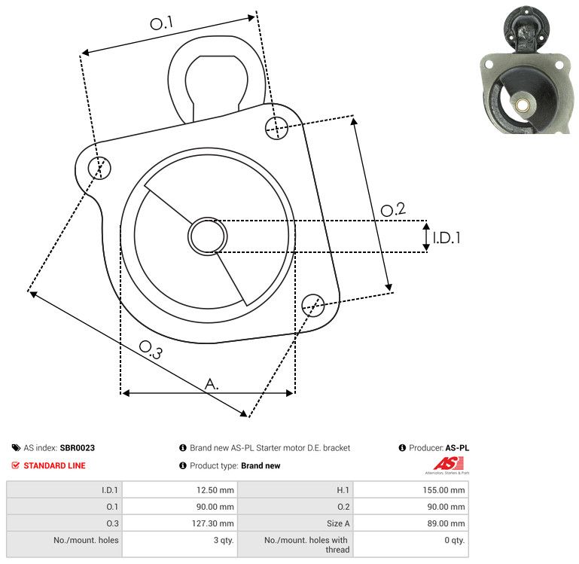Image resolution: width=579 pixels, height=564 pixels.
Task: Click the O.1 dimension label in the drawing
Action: [x=162, y=23]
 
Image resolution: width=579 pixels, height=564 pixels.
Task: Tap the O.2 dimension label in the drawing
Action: [x=393, y=210]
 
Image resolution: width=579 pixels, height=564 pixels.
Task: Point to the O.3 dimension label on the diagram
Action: [x=151, y=350]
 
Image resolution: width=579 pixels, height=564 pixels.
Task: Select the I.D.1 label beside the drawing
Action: [x=446, y=238]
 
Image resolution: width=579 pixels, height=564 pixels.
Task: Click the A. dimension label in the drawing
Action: [x=212, y=384]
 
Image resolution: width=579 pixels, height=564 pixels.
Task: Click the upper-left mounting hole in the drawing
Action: [x=99, y=168]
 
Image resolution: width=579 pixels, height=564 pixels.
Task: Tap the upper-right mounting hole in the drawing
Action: [x=276, y=128]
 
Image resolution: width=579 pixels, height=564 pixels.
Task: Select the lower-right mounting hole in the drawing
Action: [x=313, y=305]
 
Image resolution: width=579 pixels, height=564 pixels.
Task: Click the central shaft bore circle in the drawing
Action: [x=208, y=236]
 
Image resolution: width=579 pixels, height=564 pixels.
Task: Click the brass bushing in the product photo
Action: [x=521, y=105]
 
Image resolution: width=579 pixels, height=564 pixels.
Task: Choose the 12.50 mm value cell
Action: [x=180, y=490]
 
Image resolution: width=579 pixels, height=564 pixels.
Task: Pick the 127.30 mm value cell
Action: [x=180, y=523]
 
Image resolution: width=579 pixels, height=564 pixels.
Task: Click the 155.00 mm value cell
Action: [x=411, y=490]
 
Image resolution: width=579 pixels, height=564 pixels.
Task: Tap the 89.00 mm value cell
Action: [x=411, y=523]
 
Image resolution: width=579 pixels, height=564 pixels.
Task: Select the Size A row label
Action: [x=338, y=523]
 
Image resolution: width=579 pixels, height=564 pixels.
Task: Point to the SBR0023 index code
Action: [x=78, y=447]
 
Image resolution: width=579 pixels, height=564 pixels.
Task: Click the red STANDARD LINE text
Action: [x=55, y=465]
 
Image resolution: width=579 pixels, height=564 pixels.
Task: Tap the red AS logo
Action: [x=448, y=464]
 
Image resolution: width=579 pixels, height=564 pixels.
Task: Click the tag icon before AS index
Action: [x=16, y=448]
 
